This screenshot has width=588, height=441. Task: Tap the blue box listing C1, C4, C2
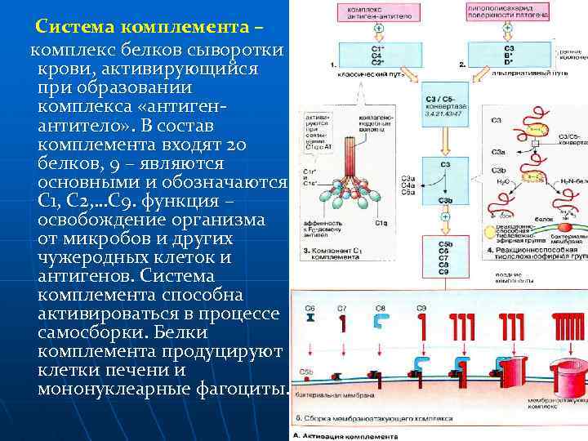377,56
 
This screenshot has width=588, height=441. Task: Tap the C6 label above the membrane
310,308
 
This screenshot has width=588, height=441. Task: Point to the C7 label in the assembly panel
341,308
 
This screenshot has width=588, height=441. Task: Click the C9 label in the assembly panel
421,308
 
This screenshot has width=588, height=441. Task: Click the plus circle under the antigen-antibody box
378,28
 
